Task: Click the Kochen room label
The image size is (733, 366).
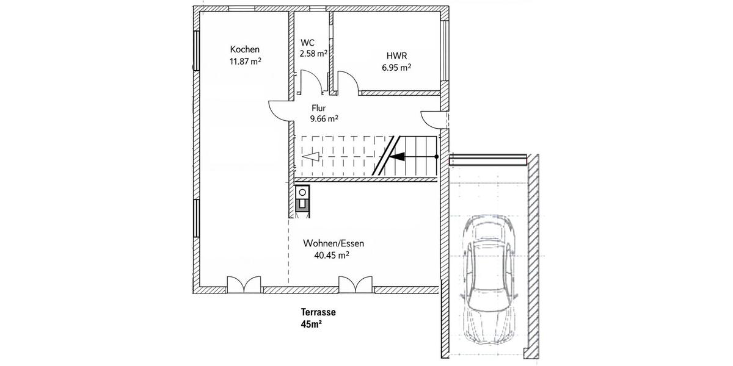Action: point(245,49)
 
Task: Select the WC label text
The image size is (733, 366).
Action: point(307,43)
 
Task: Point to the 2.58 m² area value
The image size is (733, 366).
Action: point(313,54)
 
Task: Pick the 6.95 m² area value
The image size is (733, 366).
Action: point(396,68)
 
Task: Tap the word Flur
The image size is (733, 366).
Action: point(319,108)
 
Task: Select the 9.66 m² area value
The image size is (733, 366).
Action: point(324,119)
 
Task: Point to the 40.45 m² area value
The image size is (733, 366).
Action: point(332,256)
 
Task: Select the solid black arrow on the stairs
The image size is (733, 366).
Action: point(397,157)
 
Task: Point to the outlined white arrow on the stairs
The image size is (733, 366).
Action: point(311,157)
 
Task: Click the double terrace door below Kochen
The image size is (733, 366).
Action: point(244,284)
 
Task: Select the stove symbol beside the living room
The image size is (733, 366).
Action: point(302,200)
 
